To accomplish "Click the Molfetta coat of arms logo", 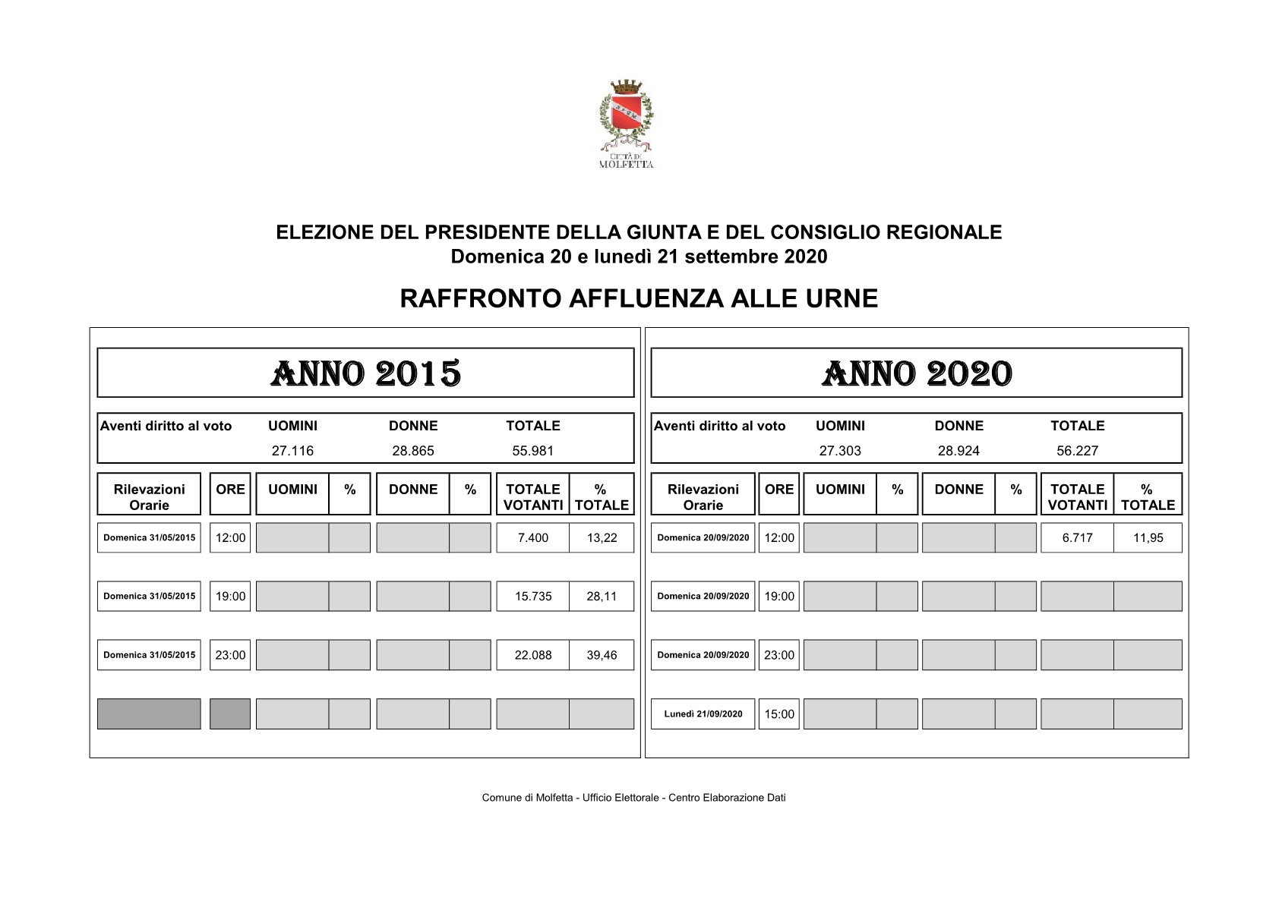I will point(626,121).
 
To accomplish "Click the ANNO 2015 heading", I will point(365,373).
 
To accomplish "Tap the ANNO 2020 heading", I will point(916,373).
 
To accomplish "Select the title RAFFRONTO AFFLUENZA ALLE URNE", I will point(639,298).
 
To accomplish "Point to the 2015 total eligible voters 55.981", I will point(532,451).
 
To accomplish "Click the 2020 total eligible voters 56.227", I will point(1077,451).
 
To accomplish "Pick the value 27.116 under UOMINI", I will point(292,451).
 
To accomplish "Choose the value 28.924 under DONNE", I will point(958,451).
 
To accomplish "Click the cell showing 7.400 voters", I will point(532,537).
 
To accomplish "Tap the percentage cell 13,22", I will point(602,537).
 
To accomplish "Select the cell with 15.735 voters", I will point(532,596).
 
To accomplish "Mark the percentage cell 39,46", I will point(602,654).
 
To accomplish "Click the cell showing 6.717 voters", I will point(1077,537).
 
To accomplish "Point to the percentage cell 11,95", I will point(1148,537).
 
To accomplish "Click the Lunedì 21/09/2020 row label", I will point(703,713).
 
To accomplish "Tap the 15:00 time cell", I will point(779,713).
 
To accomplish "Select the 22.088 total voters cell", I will point(532,654).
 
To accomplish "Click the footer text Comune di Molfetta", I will point(633,798).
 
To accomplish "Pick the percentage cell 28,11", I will point(602,596).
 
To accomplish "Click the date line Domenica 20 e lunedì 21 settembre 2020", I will point(639,257).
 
